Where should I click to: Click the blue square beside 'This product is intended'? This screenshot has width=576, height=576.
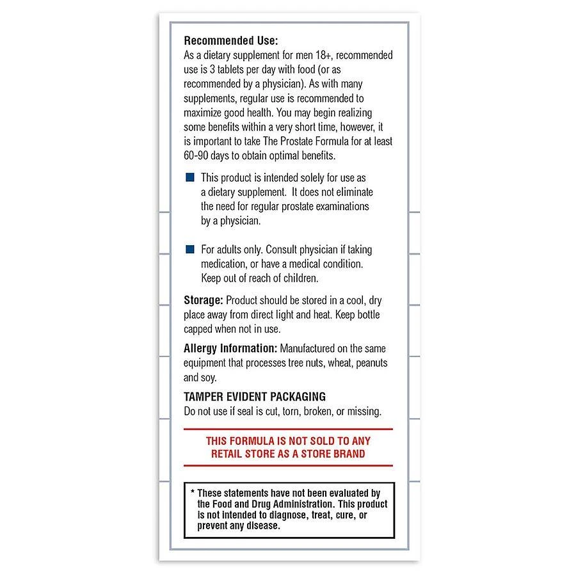[189, 177]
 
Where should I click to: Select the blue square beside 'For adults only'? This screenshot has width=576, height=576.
[189, 249]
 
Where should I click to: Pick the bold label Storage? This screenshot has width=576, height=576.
[204, 300]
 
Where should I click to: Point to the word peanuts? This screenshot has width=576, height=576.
[369, 363]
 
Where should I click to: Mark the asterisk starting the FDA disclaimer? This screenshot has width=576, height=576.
[192, 493]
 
